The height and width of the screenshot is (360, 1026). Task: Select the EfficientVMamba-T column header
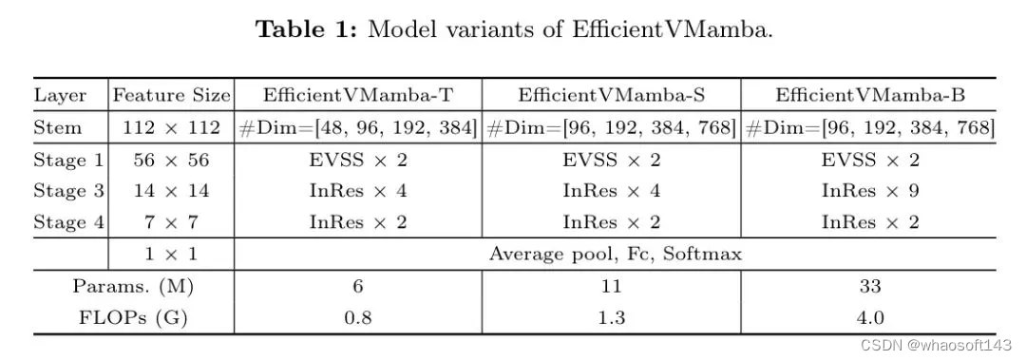pyautogui.click(x=357, y=95)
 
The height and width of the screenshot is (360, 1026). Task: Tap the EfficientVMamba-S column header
pyautogui.click(x=611, y=95)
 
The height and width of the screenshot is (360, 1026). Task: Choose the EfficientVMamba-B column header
pyautogui.click(x=869, y=95)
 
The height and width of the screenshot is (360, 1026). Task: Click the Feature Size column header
pyautogui.click(x=171, y=95)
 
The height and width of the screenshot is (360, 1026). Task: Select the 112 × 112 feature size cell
pyautogui.click(x=171, y=127)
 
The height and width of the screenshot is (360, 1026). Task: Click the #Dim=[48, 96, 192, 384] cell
pyautogui.click(x=357, y=127)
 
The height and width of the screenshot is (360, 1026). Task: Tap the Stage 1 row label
pyautogui.click(x=67, y=160)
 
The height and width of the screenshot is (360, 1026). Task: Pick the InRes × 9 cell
pyautogui.click(x=869, y=191)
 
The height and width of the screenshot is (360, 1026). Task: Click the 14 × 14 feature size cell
pyautogui.click(x=171, y=191)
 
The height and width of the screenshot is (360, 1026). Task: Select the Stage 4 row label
pyautogui.click(x=67, y=222)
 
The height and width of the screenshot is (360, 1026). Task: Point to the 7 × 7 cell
pyautogui.click(x=171, y=222)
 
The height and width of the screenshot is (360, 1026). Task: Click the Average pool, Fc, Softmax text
pyautogui.click(x=615, y=254)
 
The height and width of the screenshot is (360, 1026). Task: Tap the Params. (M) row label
pyautogui.click(x=133, y=286)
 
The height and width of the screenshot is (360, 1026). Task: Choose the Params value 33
pyautogui.click(x=869, y=286)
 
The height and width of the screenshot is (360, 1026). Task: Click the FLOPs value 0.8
pyautogui.click(x=357, y=317)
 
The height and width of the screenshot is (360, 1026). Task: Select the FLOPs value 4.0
pyautogui.click(x=869, y=317)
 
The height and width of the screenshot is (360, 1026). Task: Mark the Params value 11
pyautogui.click(x=611, y=286)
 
